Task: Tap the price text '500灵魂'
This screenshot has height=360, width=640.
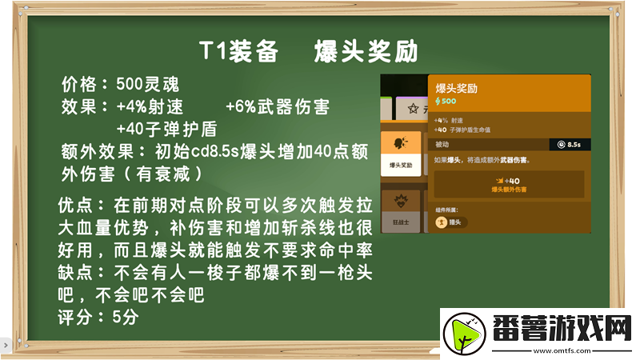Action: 148,84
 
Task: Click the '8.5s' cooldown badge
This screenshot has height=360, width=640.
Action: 570,144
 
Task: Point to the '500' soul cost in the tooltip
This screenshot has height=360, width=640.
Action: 446,102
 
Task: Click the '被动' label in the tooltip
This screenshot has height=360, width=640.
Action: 443,144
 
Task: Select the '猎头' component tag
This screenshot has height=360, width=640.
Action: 452,222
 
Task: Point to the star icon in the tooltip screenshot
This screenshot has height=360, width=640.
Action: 414,107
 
